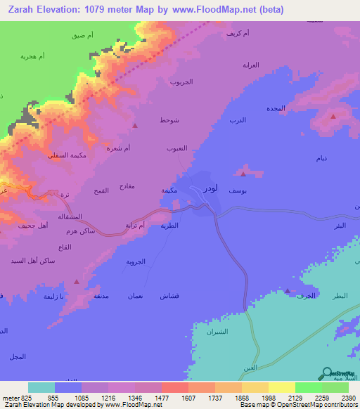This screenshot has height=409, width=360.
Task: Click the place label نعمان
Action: [135, 296]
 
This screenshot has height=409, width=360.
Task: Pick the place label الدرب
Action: [238, 121]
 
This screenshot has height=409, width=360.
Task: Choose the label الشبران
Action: [218, 330]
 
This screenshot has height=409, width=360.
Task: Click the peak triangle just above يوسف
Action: [243, 174]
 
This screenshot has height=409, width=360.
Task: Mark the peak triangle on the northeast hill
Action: [333, 116]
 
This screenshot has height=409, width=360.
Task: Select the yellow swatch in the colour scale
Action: [281, 387]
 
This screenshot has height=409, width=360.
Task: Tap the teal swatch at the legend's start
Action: [41, 387]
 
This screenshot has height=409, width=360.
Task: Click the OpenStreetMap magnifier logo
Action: [328, 374]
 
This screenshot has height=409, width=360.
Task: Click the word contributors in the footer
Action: [339, 405]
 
